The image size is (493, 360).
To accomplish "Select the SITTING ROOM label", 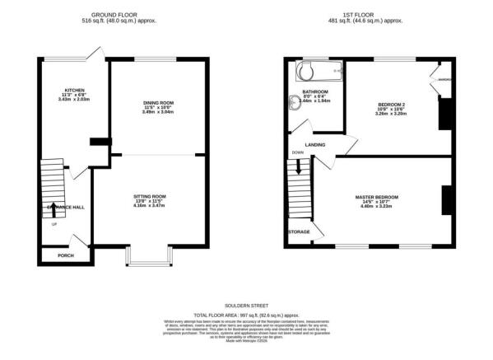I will pos(156,197).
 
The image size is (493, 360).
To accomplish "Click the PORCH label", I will pos(65,255).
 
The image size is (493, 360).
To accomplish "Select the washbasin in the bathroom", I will pos(296,103).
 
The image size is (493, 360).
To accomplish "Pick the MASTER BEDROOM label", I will pos(377,197).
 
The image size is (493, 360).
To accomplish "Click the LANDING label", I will pos(314,145).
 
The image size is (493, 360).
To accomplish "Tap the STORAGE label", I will pos(299,232).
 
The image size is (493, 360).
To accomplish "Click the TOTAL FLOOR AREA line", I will pos(247,316).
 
